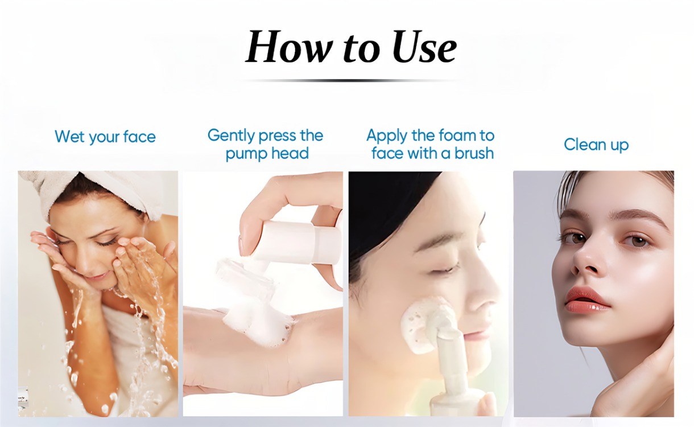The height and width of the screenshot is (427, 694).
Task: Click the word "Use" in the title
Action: click(424, 47)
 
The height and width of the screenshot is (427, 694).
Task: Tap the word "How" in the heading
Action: click(287, 47)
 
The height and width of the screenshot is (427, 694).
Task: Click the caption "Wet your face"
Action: click(105, 137)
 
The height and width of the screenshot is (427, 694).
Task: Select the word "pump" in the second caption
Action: click(245, 154)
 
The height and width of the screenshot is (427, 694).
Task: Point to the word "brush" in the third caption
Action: click(474, 153)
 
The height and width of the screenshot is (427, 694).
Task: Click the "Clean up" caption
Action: click(596, 145)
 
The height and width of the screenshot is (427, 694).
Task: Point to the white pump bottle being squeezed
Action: click(298, 242)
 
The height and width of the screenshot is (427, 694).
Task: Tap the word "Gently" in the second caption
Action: click(232, 136)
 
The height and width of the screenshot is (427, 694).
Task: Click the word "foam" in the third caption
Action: click(456, 136)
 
